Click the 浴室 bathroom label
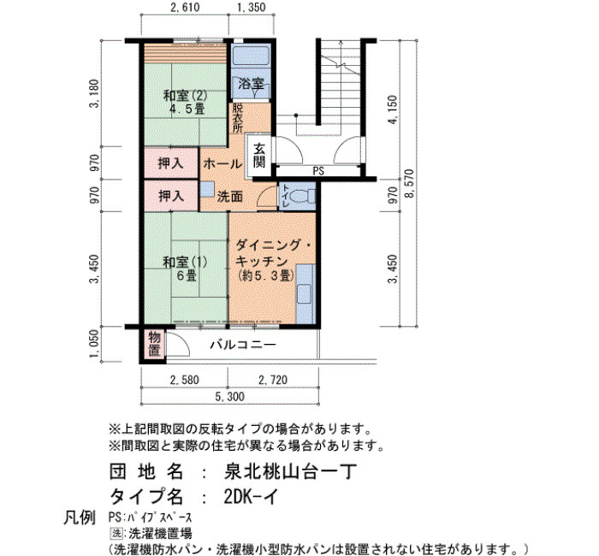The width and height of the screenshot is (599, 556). (251, 84)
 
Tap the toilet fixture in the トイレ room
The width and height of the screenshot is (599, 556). (302, 197)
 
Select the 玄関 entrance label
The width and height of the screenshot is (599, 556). (259, 156)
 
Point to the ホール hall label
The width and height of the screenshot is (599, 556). (222, 164)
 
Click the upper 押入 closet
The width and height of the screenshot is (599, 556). (171, 164)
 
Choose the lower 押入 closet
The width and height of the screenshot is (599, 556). (171, 196)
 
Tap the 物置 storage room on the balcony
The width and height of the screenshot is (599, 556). (154, 344)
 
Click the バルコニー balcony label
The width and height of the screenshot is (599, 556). (242, 345)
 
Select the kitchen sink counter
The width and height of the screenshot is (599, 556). (305, 294)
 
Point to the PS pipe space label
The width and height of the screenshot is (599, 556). (318, 171)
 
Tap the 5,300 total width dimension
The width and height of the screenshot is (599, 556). (229, 397)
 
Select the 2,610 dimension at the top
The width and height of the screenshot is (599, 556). (185, 7)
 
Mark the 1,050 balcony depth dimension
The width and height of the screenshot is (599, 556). (94, 345)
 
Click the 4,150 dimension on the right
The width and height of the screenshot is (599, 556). (392, 109)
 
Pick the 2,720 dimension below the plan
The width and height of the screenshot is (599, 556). (273, 380)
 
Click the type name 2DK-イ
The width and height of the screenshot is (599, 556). (251, 497)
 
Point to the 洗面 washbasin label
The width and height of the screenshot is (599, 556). (230, 197)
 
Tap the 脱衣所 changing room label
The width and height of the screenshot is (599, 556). (238, 118)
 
